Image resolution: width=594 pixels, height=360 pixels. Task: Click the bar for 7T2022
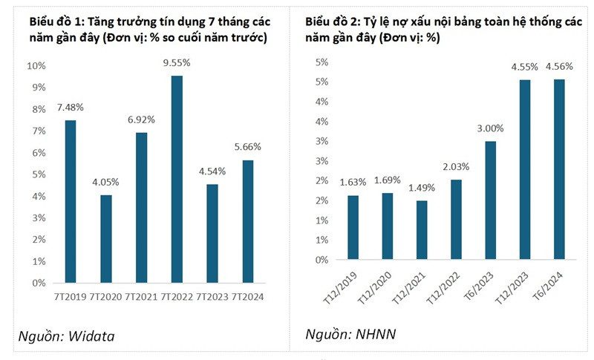pyautogui.click(x=177, y=179)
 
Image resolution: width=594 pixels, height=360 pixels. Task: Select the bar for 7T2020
pyautogui.click(x=105, y=238)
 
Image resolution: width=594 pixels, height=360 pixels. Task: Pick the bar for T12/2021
pyautogui.click(x=421, y=230)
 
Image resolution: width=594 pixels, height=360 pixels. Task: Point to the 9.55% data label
pyautogui.click(x=177, y=64)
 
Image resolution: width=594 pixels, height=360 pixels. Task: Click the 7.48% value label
pyautogui.click(x=70, y=108)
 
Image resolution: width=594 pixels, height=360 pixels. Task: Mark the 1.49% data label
pyautogui.click(x=421, y=188)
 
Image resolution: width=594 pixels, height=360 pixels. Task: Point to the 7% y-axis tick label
pyautogui.click(x=39, y=131)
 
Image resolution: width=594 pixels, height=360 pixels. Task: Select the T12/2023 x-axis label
pyautogui.click(x=520, y=286)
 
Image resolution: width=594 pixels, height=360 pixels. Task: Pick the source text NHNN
pyautogui.click(x=375, y=335)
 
